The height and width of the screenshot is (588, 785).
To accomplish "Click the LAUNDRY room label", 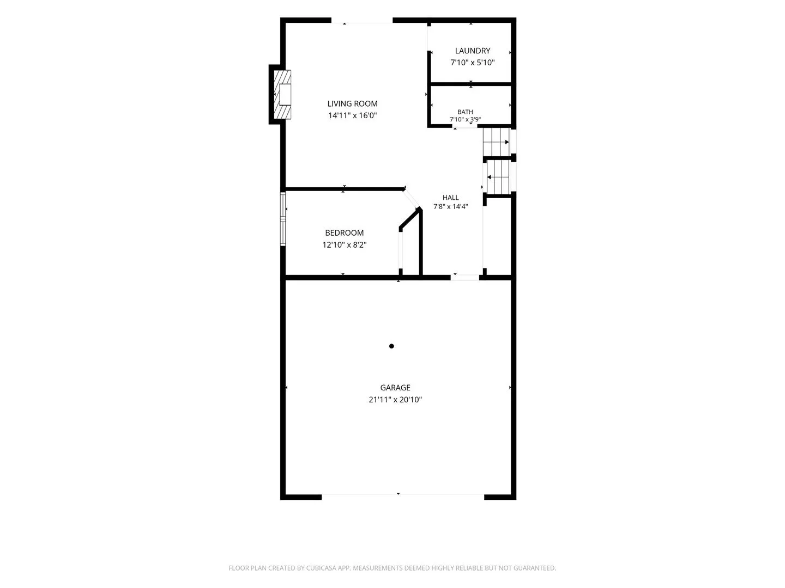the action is pos(472,51).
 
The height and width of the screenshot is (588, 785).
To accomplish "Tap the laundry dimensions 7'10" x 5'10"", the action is pos(472,63).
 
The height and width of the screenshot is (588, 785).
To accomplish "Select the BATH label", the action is pos(465,112).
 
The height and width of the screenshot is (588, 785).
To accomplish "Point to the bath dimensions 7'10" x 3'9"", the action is pos(465,119).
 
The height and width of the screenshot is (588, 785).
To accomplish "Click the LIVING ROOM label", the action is pos(352,103).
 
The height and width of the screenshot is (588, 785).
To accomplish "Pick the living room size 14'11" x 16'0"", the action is pos(352,115).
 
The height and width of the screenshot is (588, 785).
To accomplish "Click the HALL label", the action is pos(450,198).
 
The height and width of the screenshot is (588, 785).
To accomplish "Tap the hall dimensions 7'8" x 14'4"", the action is pos(450,206).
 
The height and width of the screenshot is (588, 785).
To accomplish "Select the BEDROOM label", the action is pos(344,233).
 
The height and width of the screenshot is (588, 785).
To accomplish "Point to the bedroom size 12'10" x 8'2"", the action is pos(344,244).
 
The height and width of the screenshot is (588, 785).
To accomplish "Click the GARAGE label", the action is pos(395,387).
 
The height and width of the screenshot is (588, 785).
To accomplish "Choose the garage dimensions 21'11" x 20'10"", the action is pos(395,400).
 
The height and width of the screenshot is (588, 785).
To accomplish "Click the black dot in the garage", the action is pos(391,346).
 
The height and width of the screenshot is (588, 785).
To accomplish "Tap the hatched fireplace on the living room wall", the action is pos(282,95).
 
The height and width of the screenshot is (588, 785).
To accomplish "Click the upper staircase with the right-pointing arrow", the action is pos(496,142).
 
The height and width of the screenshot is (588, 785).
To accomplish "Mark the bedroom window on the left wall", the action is pos(283,219).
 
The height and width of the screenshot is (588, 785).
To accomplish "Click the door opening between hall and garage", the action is pos(464,278).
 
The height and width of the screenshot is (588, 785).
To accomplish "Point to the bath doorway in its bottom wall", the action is pos(464,126).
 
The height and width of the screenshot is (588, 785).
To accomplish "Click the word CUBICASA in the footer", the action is pos(321,568).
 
